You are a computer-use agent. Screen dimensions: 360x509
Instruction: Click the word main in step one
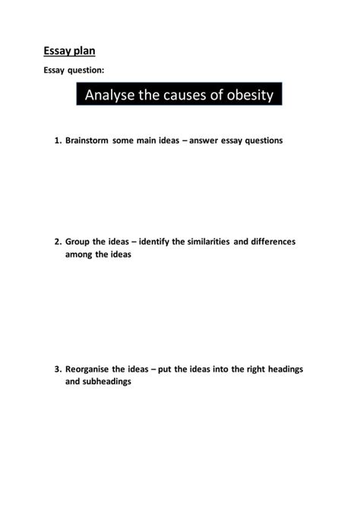point(150,141)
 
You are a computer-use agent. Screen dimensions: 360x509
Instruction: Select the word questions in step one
point(260,141)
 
